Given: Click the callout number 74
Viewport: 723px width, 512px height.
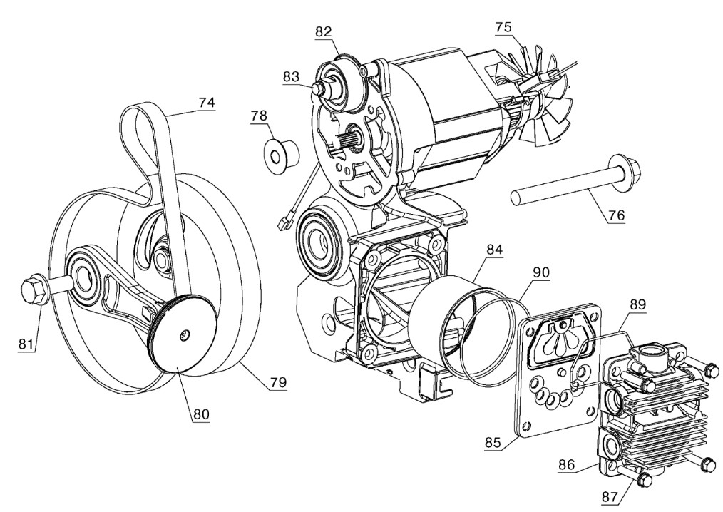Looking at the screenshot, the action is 207,103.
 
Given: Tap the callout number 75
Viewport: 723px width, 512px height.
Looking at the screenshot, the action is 503,27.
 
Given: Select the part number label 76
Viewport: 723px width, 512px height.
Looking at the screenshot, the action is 617,215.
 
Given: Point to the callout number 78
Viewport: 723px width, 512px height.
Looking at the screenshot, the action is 259,116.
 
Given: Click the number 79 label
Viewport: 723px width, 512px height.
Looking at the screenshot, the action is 277,382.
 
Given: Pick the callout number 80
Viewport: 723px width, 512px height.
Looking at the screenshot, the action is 200,414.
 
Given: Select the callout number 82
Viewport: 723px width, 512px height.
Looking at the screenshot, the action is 324,32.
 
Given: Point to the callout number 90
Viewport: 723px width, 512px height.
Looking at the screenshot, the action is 541,272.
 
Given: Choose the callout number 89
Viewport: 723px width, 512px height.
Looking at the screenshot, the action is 637,305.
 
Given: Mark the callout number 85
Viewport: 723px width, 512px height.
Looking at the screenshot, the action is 493,442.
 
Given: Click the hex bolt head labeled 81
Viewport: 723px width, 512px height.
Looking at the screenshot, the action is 34,290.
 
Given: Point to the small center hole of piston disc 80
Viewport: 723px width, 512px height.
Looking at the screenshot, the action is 185,332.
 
